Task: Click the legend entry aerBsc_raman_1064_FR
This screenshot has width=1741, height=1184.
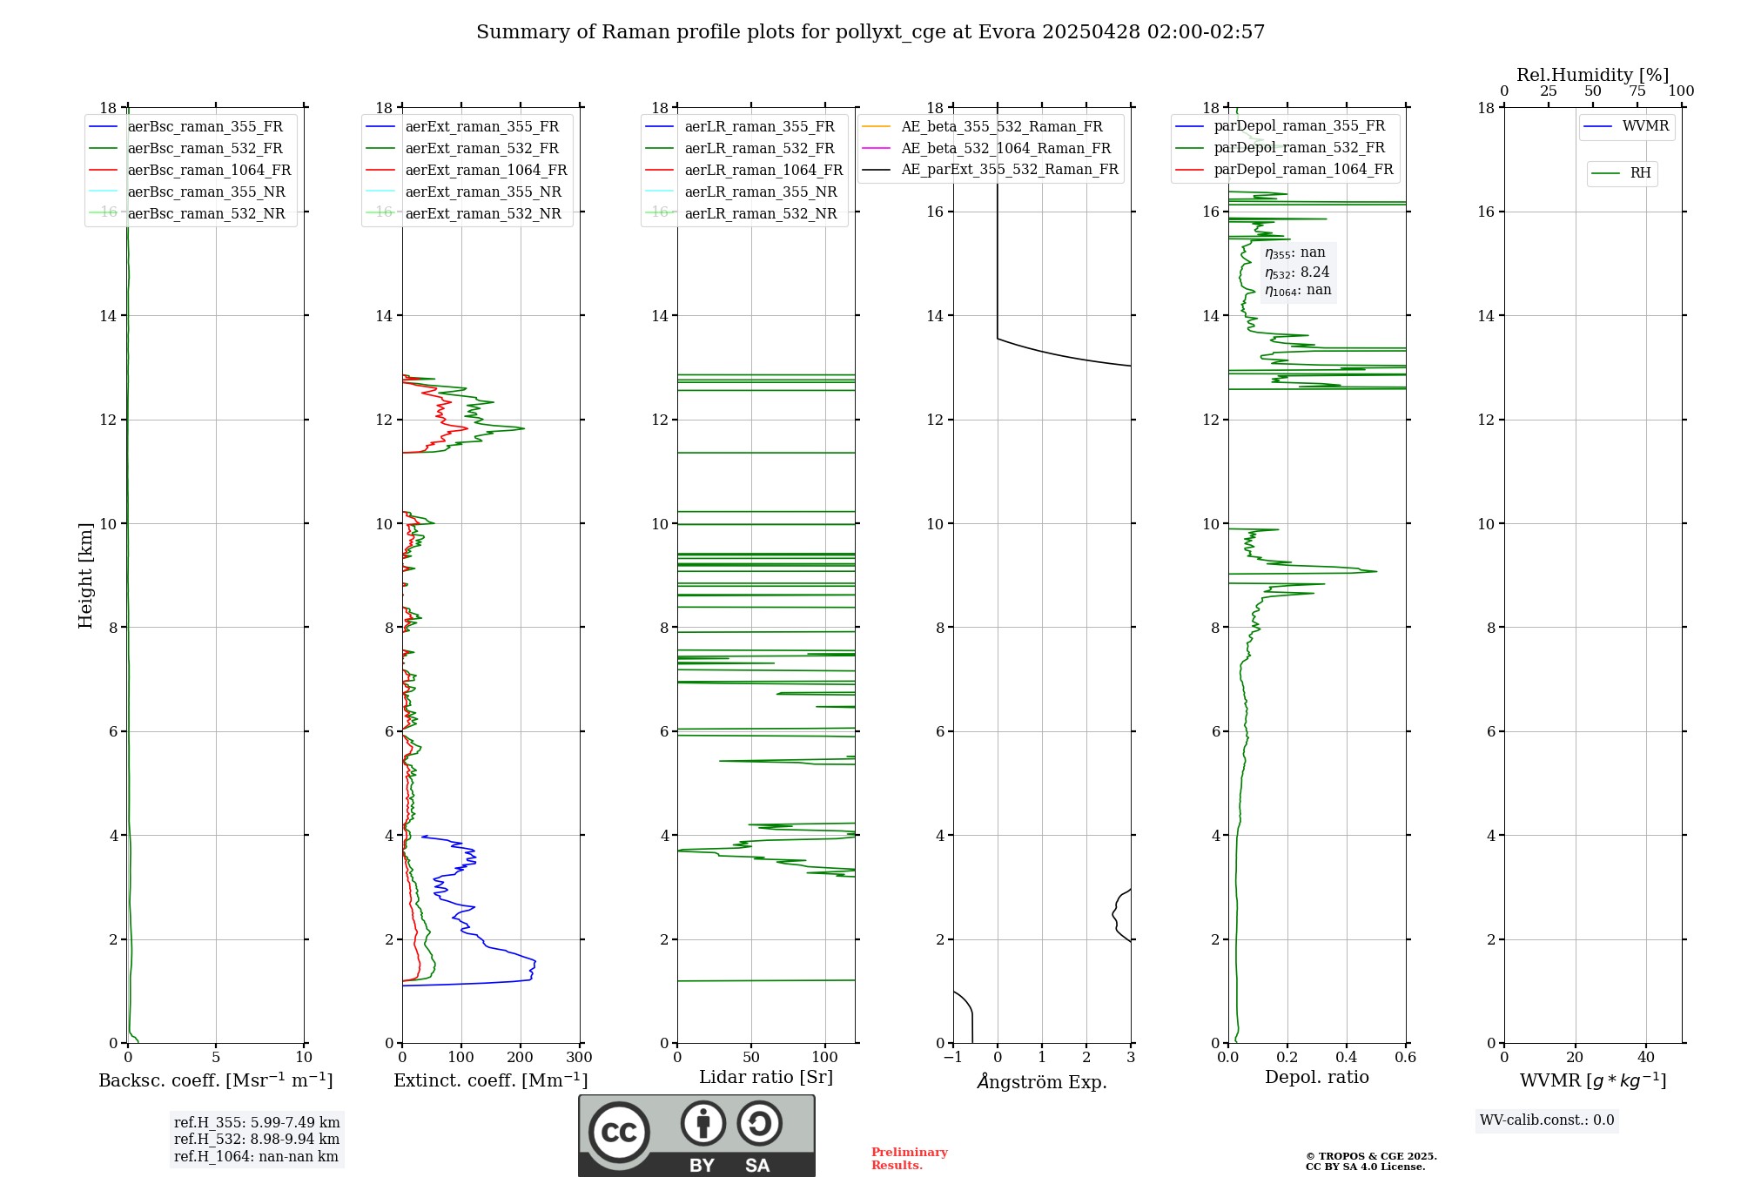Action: pos(209,171)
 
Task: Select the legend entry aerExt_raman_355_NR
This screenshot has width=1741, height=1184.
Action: pos(483,192)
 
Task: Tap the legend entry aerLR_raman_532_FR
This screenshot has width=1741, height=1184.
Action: pos(759,149)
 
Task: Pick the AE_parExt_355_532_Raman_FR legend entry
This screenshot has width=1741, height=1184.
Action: pos(1010,170)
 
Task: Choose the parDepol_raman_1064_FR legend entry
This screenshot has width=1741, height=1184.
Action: pos(1303,170)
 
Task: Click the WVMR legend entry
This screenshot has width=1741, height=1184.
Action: pos(1645,127)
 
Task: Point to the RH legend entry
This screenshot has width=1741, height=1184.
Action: pos(1640,173)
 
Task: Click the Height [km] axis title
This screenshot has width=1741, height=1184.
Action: pos(85,575)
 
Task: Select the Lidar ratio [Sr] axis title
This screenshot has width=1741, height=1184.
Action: pos(766,1078)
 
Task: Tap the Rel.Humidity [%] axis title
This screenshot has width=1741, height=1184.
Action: pos(1592,75)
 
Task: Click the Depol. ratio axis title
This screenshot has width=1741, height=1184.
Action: pos(1316,1078)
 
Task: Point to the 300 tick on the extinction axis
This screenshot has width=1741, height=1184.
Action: pos(580,1058)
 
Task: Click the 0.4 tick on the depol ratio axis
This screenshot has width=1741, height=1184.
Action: pos(1347,1058)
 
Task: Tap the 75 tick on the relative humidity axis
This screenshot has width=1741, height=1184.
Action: pos(1637,91)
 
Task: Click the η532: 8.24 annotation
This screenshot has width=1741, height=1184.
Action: pos(1297,272)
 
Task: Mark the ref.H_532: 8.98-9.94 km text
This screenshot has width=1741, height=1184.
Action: pos(256,1140)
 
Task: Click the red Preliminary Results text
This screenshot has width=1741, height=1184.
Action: pos(909,1159)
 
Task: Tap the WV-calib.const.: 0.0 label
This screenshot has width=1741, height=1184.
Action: pos(1547,1120)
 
